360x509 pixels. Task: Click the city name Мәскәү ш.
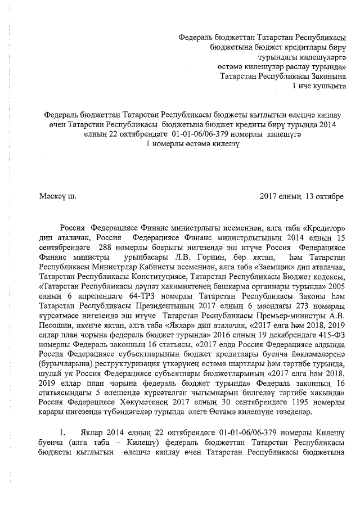pyautogui.click(x=57, y=196)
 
